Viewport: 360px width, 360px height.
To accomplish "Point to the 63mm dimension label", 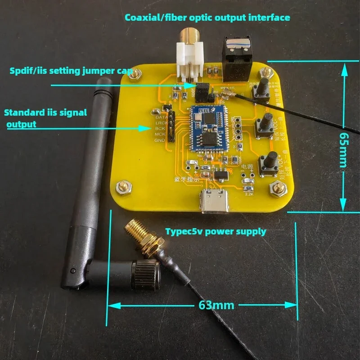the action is [x=216, y=305].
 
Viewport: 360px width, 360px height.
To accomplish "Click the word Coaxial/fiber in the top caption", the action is [x=152, y=18].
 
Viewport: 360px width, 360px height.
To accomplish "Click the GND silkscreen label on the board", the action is [x=160, y=141].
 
